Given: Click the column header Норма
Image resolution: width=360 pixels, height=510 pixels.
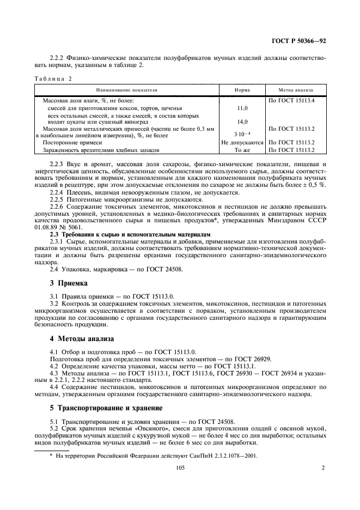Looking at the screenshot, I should pyautogui.click(x=242, y=90).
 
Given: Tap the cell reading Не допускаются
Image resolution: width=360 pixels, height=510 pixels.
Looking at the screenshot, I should pyautogui.click(x=242, y=142).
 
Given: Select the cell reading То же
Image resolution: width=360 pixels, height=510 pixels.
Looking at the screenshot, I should pyautogui.click(x=242, y=149).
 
